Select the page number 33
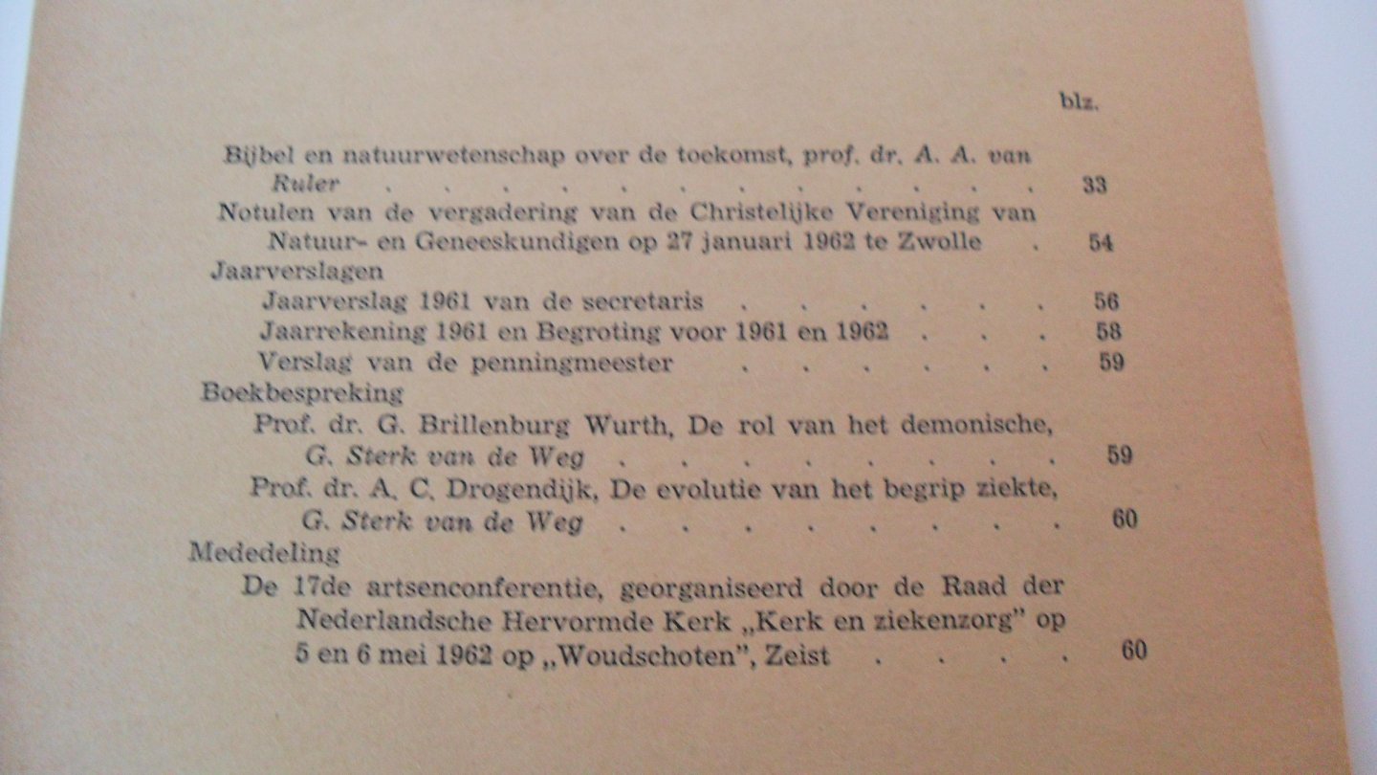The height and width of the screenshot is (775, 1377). click(1095, 186)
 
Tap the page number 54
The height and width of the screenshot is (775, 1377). click(1102, 242)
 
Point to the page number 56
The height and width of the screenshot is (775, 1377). click(1106, 302)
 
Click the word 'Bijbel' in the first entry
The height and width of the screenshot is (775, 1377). click(251, 153)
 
